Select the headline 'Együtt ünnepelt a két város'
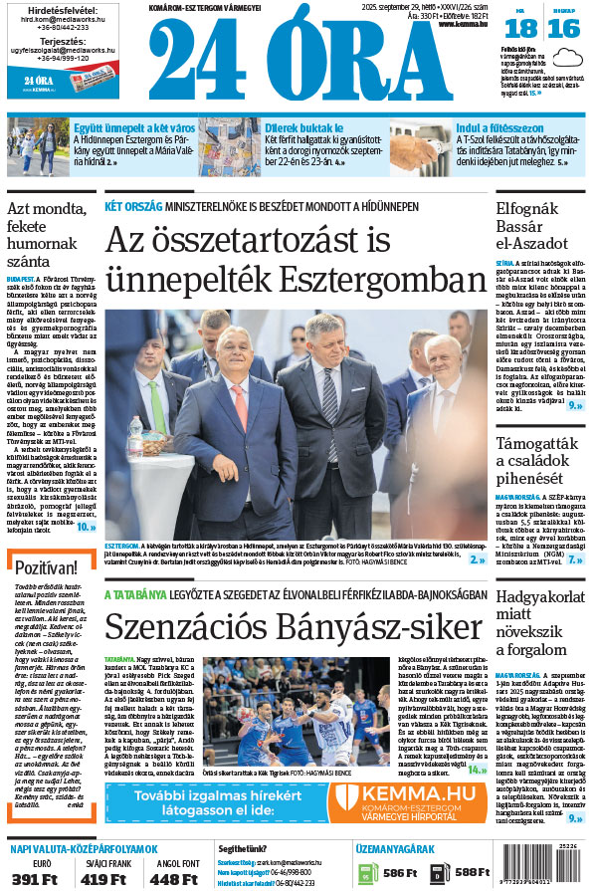pos(124,127)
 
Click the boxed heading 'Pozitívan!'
pos(48,568)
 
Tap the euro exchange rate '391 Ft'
pos(36,879)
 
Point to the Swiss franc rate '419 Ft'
pos(102,879)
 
